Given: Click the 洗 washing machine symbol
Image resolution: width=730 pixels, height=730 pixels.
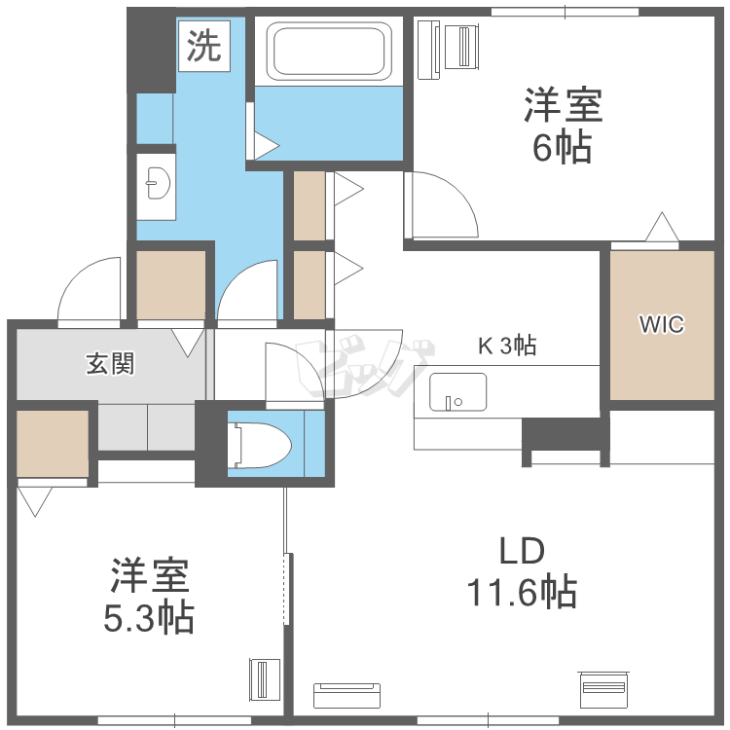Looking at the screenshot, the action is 204,46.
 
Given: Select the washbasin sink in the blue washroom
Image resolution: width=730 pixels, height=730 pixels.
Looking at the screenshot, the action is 158,183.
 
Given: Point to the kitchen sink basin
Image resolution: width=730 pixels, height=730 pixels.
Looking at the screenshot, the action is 457,392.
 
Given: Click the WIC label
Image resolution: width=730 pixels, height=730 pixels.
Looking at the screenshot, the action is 662,324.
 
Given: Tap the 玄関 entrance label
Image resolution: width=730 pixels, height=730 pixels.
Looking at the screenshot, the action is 110,364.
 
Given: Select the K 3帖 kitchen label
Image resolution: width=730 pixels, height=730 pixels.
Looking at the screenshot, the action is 507,346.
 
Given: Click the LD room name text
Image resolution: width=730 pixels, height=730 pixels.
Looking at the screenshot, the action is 522,551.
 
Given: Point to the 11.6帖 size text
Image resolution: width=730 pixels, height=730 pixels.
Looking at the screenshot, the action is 522,592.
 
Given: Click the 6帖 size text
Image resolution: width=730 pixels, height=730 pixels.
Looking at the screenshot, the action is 563,148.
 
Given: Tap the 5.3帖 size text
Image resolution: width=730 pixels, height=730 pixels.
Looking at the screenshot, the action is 149,618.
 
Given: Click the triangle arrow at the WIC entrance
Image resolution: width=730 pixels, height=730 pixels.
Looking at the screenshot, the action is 662,227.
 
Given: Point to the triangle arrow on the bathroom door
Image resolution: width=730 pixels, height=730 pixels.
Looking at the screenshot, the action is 267,146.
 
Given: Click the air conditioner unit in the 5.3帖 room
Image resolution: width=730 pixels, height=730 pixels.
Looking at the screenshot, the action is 265,679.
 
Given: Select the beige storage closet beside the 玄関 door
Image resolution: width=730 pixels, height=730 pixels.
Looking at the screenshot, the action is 171,285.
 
